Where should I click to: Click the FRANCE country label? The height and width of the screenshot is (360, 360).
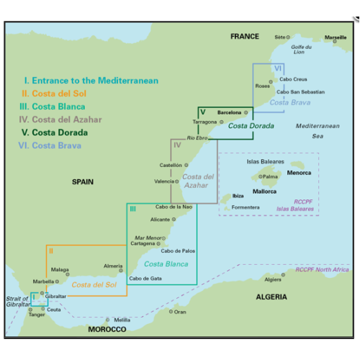point(245,37)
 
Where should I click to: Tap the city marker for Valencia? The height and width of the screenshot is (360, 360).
point(177,181)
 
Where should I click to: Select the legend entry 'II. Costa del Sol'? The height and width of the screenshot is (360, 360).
point(54,94)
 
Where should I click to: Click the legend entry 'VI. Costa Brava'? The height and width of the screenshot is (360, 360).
point(50,145)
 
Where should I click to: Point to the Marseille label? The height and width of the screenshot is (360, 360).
point(336,37)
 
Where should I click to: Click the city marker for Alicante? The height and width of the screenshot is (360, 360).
point(174,220)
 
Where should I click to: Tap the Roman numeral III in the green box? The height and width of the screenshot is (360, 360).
point(132,209)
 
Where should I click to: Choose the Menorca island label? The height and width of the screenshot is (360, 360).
point(299,173)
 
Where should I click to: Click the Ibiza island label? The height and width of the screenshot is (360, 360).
point(238,196)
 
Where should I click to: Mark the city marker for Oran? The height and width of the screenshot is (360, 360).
point(171,312)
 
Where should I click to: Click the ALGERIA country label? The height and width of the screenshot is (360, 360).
point(271,297)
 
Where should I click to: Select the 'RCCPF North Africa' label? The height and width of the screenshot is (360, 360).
point(322,269)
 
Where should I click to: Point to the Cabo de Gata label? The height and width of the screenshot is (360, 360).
point(145,279)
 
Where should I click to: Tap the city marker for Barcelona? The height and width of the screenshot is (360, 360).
point(246,112)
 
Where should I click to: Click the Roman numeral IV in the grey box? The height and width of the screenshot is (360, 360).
point(177,145)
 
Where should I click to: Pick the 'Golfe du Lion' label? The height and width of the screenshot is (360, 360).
point(301,50)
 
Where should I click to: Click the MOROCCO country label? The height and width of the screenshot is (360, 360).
point(107,329)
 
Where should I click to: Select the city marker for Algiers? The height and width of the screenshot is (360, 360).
point(283,275)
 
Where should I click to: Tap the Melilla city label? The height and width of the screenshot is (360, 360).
point(122,320)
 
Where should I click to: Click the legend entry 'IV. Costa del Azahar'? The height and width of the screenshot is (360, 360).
point(60,120)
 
